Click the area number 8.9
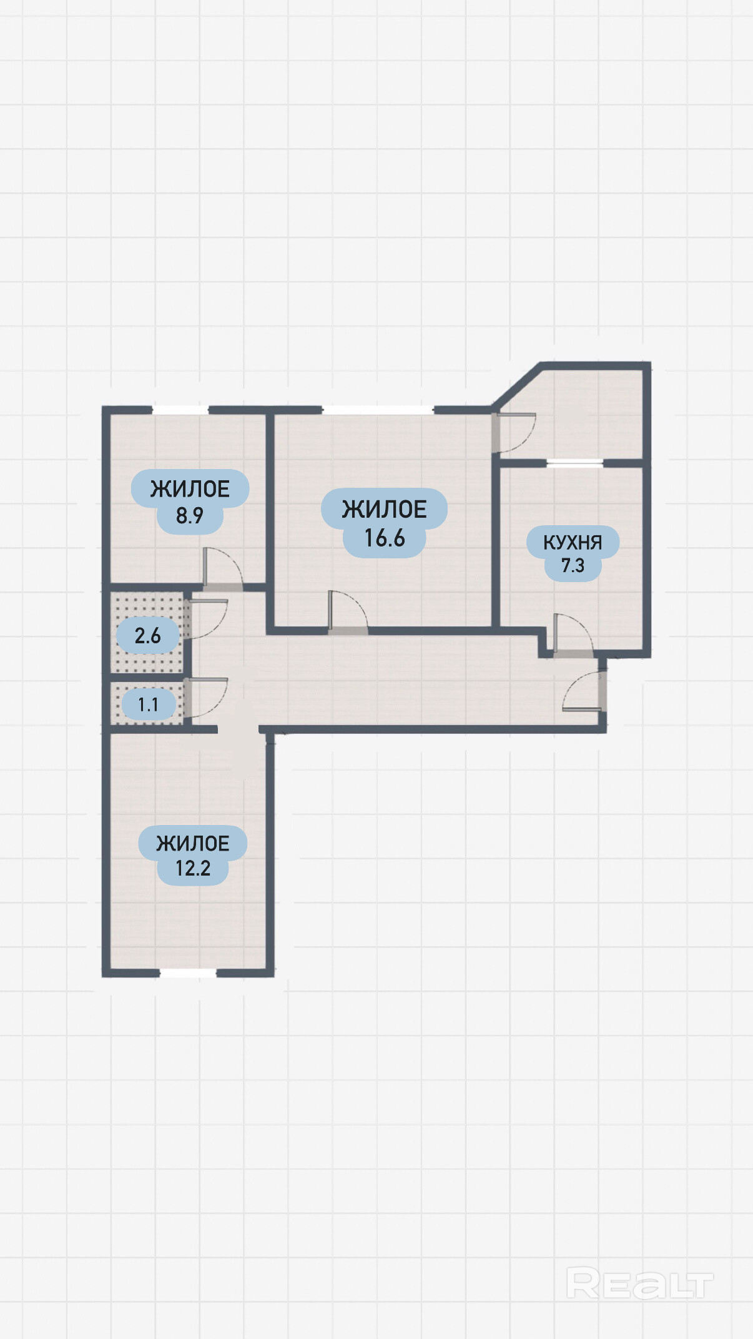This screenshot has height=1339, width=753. tap(189, 516)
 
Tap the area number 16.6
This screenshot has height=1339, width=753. tap(385, 538)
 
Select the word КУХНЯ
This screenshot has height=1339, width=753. tap(573, 542)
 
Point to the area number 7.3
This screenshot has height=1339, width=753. tap(573, 566)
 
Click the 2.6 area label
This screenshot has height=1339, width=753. tap(147, 636)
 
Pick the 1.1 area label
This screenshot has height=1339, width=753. tap(148, 705)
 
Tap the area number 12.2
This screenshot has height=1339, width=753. tap(192, 869)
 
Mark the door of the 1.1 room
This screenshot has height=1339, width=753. tap(206, 698)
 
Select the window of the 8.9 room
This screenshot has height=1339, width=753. tap(180, 410)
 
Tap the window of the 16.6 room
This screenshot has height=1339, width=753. tap(378, 410)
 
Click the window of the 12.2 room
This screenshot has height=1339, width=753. tap(188, 973)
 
